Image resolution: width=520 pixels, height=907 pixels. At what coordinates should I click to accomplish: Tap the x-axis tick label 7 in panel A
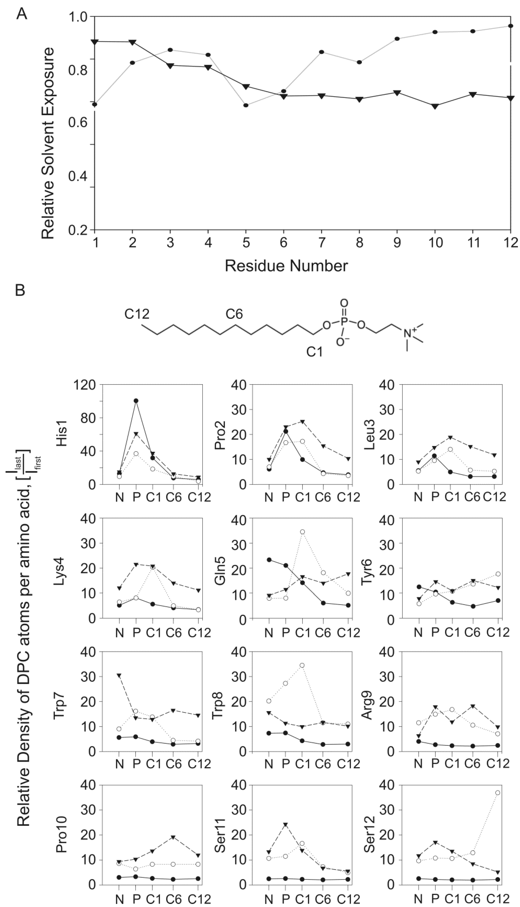(x=321, y=243)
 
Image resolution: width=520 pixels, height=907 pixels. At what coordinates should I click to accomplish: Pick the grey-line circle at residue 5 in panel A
(x=246, y=105)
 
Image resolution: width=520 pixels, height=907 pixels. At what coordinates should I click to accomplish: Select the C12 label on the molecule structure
(x=137, y=314)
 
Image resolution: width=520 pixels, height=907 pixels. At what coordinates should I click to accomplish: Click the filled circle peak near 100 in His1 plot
(x=136, y=401)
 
